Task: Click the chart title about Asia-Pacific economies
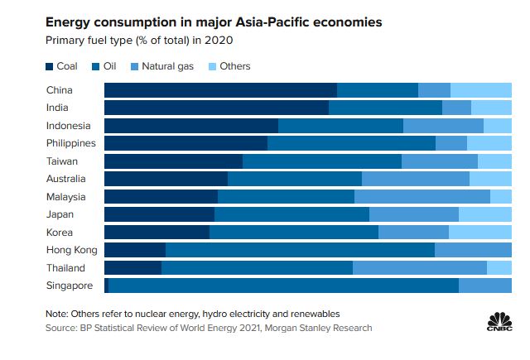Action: coord(213,22)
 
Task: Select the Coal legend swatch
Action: coord(52,66)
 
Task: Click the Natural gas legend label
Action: coord(169,66)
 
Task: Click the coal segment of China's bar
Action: coord(220,90)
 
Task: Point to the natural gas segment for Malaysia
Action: coord(422,197)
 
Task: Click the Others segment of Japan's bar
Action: coord(485,214)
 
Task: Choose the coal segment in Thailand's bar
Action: coord(132,268)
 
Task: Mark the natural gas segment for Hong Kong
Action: coord(473,250)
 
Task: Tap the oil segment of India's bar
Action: coord(385,108)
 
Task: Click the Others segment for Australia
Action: coord(490,179)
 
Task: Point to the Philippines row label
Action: coord(71,143)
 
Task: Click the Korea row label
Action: coord(61,233)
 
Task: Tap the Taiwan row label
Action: coord(63,161)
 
